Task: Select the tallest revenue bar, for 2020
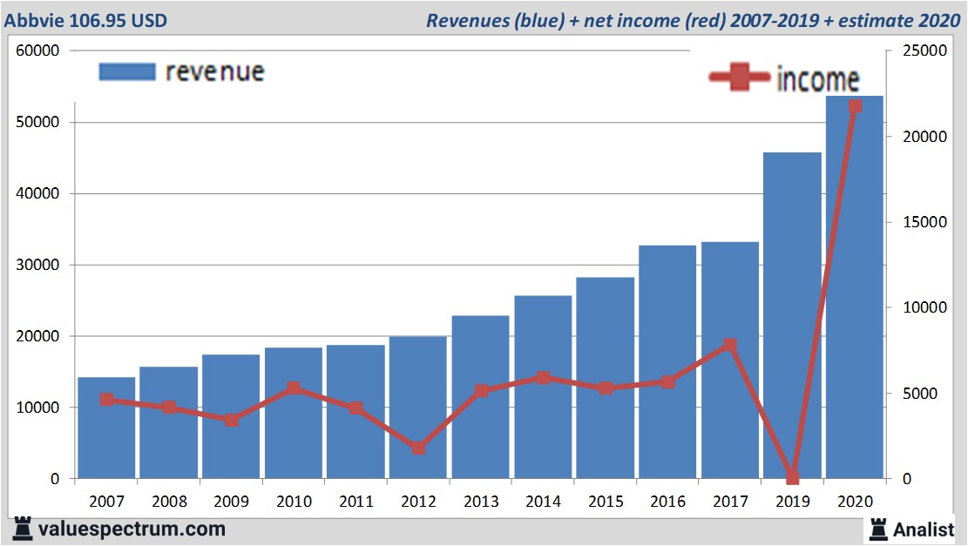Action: tap(855, 287)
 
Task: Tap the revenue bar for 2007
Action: tap(106, 428)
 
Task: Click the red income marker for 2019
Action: tap(792, 477)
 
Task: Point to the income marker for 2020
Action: tap(855, 106)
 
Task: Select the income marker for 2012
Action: tap(418, 448)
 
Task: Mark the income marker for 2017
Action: tap(730, 346)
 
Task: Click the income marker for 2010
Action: tap(294, 389)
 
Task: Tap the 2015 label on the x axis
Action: tap(606, 502)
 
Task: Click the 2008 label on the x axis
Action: tap(169, 502)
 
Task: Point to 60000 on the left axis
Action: tap(37, 51)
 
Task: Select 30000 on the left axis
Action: tap(37, 265)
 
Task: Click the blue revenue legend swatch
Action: tap(126, 71)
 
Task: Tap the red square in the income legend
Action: tap(740, 78)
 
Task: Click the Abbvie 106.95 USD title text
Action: tap(85, 20)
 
